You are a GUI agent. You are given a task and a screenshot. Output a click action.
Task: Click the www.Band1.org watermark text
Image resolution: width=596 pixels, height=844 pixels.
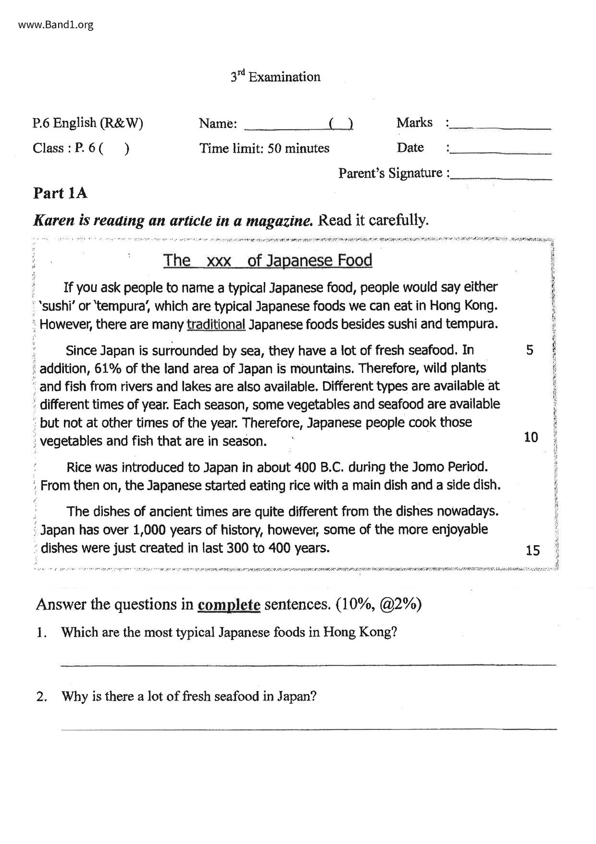56,25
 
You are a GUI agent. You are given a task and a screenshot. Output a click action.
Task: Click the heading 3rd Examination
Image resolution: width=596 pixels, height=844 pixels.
275,77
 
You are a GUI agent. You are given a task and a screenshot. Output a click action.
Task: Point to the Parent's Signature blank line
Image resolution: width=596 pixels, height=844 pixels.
501,179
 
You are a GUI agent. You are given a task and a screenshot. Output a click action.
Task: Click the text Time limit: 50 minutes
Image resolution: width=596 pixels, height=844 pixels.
264,148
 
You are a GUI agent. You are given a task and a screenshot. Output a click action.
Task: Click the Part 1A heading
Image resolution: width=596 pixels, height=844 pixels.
60,193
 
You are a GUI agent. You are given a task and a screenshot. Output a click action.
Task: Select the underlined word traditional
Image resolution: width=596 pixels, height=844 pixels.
216,324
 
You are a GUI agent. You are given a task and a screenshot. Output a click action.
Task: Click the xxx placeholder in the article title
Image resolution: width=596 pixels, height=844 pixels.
218,261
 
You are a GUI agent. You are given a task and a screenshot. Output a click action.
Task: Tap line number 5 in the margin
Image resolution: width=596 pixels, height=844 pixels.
530,350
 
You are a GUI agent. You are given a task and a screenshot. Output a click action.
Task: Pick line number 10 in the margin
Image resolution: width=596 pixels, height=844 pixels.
531,437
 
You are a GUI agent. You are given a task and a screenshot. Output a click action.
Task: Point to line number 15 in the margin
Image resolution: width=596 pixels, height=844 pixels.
533,550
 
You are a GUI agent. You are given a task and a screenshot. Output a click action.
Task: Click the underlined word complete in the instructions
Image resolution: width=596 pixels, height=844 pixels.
229,605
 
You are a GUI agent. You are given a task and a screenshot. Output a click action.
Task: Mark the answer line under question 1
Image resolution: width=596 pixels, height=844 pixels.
308,665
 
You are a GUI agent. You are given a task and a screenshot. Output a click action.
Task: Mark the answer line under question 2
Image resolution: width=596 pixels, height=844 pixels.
308,729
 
